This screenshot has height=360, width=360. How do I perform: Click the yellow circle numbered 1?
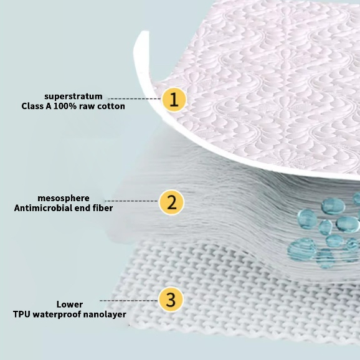174,100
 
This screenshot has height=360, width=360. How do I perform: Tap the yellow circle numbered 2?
171,202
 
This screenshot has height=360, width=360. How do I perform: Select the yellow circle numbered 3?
171,300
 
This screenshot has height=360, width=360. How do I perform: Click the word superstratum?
73,97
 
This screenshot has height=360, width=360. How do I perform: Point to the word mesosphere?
64,198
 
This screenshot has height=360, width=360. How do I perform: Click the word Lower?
70,305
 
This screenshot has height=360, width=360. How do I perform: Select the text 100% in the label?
65,107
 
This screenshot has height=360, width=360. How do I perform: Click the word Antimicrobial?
45,208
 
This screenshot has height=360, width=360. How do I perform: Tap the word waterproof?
57,315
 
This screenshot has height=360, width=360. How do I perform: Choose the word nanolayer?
105,315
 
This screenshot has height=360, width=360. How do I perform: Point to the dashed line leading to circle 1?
135,99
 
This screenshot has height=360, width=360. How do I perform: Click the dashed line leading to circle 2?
132,201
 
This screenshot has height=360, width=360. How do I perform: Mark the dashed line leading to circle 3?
129,301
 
